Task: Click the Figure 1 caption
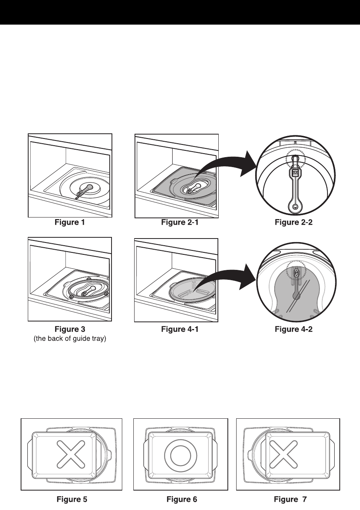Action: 69,223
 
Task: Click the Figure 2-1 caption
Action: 180,223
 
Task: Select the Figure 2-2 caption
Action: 294,223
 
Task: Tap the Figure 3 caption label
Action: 69,329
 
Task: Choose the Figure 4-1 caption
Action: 180,329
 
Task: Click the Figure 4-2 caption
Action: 294,329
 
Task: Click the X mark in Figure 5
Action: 71,454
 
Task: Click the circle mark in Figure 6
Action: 181,454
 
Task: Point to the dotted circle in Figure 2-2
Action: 296,161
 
